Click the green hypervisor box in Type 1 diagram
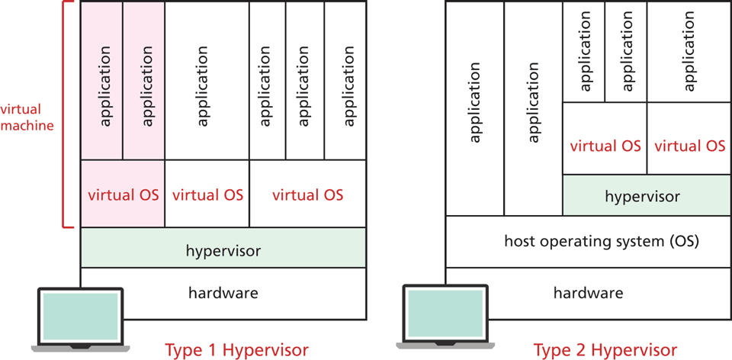tap(223, 249)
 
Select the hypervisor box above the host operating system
tap(642, 196)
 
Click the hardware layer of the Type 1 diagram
tap(223, 292)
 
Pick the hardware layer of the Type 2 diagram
tap(588, 293)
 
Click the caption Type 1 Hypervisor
tap(236, 350)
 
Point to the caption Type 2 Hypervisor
tap(605, 350)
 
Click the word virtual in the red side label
tap(21, 109)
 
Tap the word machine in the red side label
tap(27, 125)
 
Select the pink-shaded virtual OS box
tap(123, 194)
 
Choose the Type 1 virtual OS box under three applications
tap(307, 194)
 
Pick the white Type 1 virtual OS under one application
tap(207, 194)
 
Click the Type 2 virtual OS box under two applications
tap(605, 145)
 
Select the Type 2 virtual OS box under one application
tap(689, 145)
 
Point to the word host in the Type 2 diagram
tap(521, 242)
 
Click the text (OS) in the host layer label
tap(684, 242)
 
